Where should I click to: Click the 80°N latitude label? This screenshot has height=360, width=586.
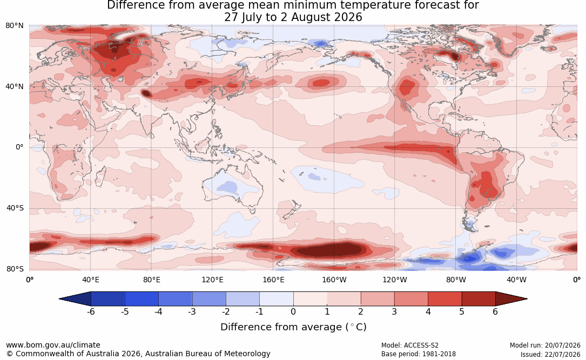(15, 26)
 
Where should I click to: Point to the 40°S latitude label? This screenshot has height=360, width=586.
(15, 208)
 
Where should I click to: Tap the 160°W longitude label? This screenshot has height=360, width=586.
(334, 280)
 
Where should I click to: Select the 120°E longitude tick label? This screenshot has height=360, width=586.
(212, 280)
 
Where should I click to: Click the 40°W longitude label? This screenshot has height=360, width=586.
(516, 280)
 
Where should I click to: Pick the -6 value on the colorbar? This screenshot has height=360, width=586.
(90, 311)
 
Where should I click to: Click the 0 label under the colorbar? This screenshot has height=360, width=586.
(293, 311)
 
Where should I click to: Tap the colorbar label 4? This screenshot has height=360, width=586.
(428, 311)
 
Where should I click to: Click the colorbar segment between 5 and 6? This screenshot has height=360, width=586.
(479, 299)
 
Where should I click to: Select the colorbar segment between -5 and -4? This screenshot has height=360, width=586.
(142, 299)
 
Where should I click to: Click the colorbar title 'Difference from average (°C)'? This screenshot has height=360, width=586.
(293, 327)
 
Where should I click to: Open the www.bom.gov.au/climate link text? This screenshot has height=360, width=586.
(53, 345)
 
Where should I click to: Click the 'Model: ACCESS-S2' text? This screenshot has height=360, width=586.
(410, 345)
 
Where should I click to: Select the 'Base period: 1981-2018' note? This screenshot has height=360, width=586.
(419, 354)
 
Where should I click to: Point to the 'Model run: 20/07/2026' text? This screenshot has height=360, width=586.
(545, 345)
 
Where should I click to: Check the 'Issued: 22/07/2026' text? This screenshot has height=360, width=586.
(550, 354)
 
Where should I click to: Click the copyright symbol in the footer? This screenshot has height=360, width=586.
(10, 354)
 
